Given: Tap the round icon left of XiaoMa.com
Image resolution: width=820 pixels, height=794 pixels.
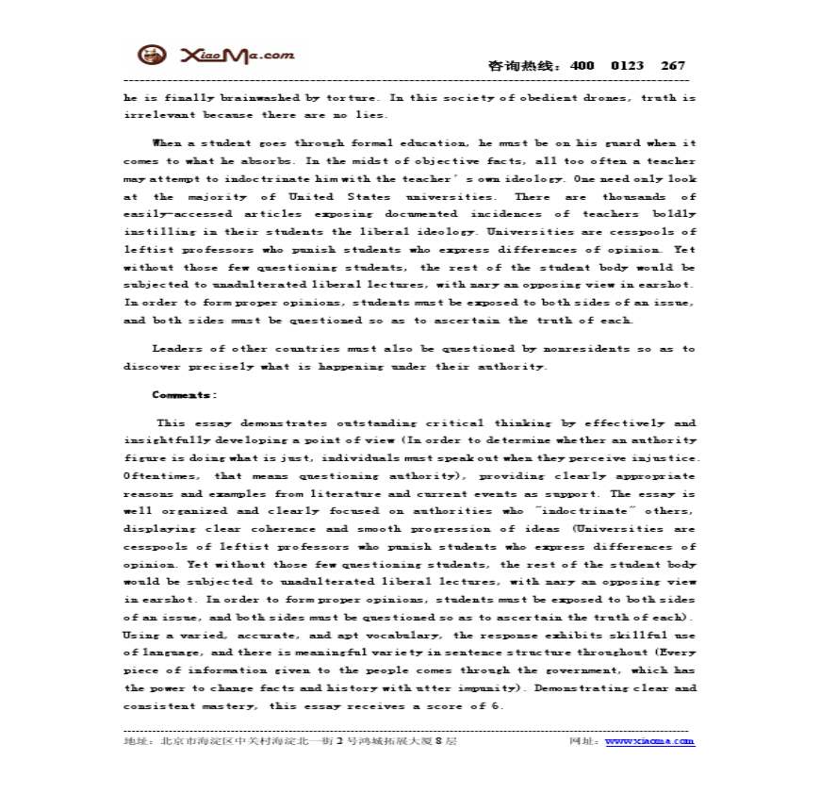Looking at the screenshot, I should pos(152,56).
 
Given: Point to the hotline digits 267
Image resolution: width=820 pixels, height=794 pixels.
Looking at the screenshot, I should pos(673,66).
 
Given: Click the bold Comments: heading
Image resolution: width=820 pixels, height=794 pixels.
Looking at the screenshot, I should pos(185,395).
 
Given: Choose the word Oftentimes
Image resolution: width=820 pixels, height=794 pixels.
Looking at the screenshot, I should pos(160,475).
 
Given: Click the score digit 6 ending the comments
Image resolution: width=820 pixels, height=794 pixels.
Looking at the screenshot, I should pos(500,705).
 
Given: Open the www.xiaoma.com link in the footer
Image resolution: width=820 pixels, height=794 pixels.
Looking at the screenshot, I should pos(649,741).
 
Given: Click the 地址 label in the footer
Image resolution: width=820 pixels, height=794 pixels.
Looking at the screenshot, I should pos(137,741).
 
